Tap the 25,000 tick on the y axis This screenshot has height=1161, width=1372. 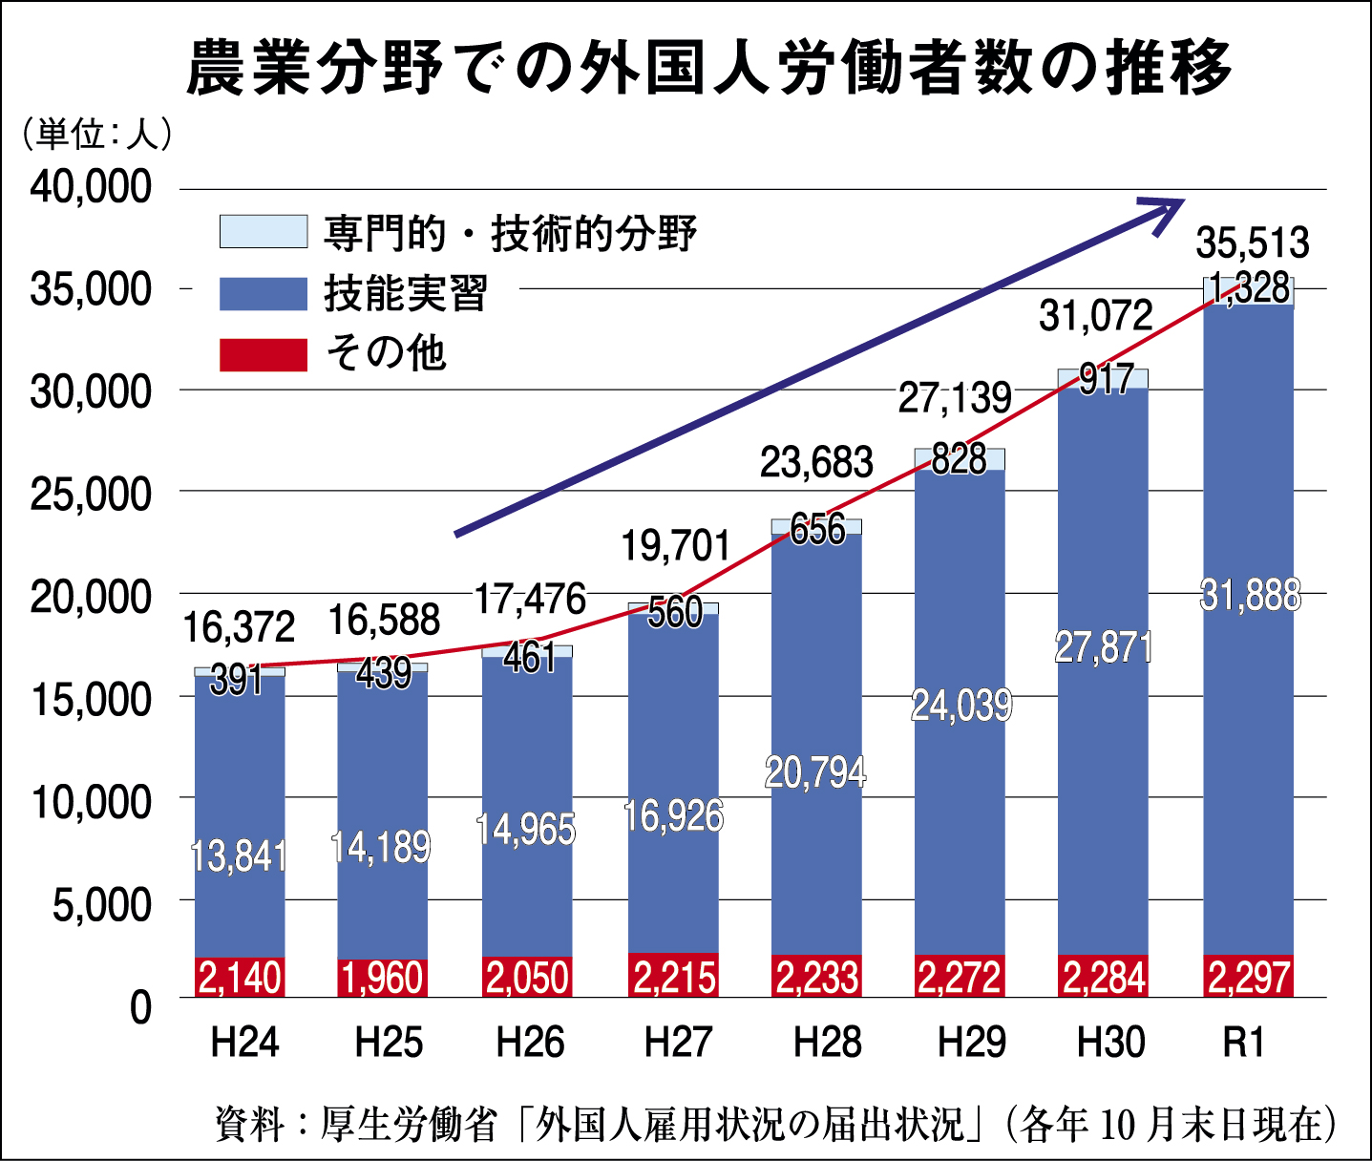pos(91,494)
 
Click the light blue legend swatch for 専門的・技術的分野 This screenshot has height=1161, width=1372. pos(264,232)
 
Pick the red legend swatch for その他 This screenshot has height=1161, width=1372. pos(264,354)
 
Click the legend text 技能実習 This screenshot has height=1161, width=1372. pos(406,293)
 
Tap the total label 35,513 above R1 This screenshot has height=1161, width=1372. pos(1253,243)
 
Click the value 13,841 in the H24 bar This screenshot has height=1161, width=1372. pos(239,855)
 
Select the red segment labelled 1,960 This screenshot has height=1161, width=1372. pos(383,978)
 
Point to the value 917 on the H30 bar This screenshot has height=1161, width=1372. pos(1106,380)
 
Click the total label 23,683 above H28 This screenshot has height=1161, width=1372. pos(816,463)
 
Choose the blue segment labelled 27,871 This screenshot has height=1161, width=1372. pos(1104,647)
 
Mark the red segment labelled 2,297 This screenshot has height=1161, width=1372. pos(1249,977)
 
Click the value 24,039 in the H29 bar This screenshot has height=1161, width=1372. pos(960,706)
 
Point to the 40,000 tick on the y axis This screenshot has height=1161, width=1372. pos(91,186)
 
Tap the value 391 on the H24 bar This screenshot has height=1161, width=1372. pos(236,680)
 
